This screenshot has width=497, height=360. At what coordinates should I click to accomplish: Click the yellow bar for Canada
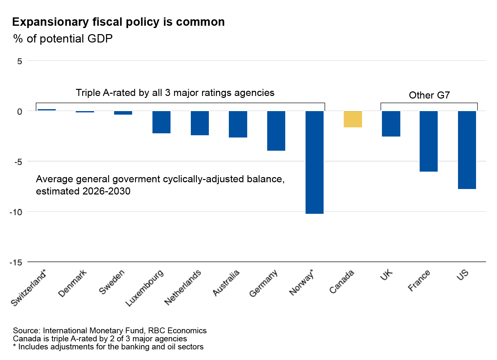pyautogui.click(x=353, y=119)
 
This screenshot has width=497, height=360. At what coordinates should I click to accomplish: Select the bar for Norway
pyautogui.click(x=314, y=162)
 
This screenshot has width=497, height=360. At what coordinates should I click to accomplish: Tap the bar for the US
pyautogui.click(x=467, y=150)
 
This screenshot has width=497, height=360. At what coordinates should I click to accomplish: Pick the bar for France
pyautogui.click(x=428, y=141)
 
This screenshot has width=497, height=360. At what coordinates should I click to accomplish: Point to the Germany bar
pyautogui.click(x=276, y=131)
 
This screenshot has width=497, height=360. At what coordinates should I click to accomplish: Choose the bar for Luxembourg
pyautogui.click(x=161, y=122)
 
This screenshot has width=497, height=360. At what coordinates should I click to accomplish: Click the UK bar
pyautogui.click(x=391, y=124)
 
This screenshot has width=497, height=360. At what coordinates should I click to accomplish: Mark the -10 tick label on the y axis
pyautogui.click(x=16, y=212)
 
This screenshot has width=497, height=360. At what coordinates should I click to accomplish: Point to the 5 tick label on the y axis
pyautogui.click(x=20, y=61)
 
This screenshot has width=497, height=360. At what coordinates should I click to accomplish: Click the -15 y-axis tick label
pyautogui.click(x=16, y=262)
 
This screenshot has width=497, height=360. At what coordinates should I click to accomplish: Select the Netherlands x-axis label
pyautogui.click(x=183, y=287)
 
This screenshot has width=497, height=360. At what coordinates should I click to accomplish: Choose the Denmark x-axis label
pyautogui.click(x=73, y=283)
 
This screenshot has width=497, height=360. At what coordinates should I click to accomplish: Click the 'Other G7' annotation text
pyautogui.click(x=429, y=95)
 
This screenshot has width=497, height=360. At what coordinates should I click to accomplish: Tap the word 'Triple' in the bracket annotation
pyautogui.click(x=88, y=93)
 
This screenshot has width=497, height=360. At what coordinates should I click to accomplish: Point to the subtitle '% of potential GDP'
pyautogui.click(x=63, y=39)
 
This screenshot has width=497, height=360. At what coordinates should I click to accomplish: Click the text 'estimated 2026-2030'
pyautogui.click(x=83, y=191)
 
